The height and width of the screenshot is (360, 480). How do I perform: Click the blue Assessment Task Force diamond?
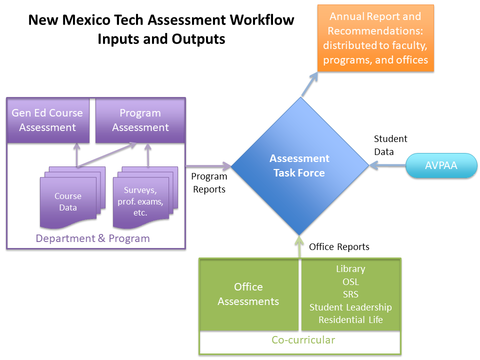click(299, 165)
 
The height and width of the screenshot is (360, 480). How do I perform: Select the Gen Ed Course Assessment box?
click(47, 120)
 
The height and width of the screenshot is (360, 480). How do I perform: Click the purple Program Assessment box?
click(140, 120)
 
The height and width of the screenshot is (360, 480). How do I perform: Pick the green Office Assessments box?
click(248, 294)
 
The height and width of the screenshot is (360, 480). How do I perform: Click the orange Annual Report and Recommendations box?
click(375, 38)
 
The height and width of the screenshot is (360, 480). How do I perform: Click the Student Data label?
click(390, 145)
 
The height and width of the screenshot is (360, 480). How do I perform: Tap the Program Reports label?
click(209, 182)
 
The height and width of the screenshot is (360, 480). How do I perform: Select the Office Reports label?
click(339, 247)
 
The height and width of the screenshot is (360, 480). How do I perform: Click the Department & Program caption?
click(92, 238)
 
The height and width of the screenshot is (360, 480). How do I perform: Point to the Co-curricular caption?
click(303, 340)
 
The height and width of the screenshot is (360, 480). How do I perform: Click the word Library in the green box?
click(350, 269)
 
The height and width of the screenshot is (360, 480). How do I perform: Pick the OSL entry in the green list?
click(350, 281)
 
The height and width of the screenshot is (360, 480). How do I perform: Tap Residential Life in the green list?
click(350, 320)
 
